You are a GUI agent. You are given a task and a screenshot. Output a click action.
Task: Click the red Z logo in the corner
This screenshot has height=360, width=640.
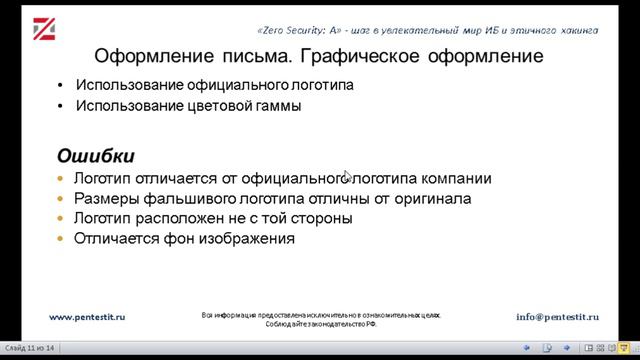click(46, 30)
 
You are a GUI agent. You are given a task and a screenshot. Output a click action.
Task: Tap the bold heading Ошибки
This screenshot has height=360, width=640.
click(95, 157)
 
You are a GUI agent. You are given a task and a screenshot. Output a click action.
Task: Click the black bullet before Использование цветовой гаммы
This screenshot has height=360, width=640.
click(62, 105)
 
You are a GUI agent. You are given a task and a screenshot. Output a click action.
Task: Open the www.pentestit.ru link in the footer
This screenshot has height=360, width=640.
click(87, 316)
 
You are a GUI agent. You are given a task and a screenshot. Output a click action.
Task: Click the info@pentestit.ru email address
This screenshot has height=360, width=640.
click(557, 316)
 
